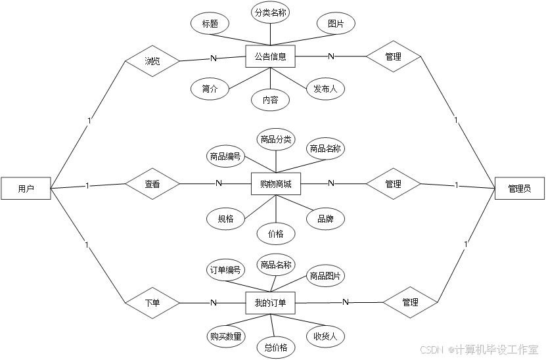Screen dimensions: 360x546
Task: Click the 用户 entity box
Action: click(26, 189)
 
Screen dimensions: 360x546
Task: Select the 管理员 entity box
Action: click(519, 189)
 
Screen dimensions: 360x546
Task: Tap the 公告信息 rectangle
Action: click(270, 56)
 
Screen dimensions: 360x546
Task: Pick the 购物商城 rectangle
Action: click(276, 184)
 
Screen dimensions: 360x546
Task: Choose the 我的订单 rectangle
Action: click(270, 304)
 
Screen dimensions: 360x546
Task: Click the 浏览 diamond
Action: click(152, 61)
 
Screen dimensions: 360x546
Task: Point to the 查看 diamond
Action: click(152, 185)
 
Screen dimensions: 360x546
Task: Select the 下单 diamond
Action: click(152, 304)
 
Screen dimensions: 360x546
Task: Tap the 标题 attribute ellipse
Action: click(210, 24)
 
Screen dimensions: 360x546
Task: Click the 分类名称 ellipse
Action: click(270, 12)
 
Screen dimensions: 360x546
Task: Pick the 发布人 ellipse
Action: click(325, 89)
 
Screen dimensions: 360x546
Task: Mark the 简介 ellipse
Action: click(210, 89)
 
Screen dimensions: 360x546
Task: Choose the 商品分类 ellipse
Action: click(276, 139)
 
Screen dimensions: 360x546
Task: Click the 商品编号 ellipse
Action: click(226, 156)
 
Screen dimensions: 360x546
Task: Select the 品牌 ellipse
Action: click(325, 219)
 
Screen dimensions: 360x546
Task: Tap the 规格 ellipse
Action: click(226, 219)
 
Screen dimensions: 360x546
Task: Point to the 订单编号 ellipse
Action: click(226, 269)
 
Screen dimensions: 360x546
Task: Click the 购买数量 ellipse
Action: click(226, 336)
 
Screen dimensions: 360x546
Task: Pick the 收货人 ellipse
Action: click(325, 336)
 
